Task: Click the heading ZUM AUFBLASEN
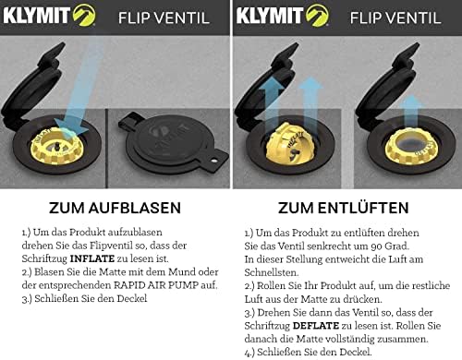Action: coord(115,208)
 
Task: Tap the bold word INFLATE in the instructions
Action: coord(92,258)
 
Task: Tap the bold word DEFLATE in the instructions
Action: coord(316,326)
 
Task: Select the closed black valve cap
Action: coord(174,143)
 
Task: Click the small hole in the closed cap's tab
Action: coord(213,160)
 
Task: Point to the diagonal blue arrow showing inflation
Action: coord(79,90)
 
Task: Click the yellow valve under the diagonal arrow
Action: coord(55,146)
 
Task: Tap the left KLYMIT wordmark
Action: coord(37,16)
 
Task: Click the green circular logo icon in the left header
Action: coord(84,16)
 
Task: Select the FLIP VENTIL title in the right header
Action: coord(395,18)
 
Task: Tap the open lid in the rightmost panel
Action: coord(387,83)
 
